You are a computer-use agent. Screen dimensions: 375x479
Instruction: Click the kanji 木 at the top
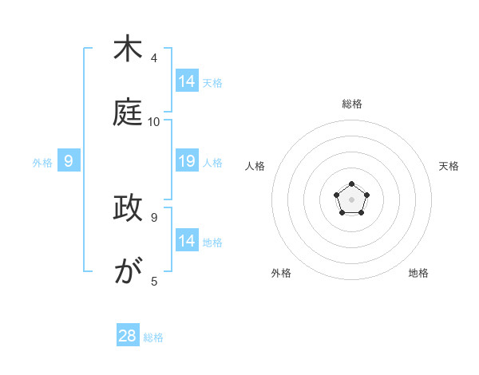(128, 49)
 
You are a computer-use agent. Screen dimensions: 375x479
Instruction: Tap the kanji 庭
(128, 112)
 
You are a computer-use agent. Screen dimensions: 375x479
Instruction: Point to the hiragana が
(128, 272)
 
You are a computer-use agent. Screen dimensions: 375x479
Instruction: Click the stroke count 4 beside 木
(154, 58)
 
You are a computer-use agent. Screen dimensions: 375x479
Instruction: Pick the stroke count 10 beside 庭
(154, 122)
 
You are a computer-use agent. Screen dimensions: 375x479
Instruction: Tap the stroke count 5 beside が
(154, 282)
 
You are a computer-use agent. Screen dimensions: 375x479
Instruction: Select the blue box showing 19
(187, 161)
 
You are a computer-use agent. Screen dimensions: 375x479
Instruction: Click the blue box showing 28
(128, 336)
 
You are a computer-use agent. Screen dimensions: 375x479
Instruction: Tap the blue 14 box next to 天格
(187, 81)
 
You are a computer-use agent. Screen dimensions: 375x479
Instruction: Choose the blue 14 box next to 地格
(187, 241)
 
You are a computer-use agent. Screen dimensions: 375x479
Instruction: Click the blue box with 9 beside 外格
(69, 161)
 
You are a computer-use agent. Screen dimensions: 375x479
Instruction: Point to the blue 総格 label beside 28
(154, 337)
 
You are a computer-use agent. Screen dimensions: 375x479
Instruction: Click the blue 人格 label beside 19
(212, 163)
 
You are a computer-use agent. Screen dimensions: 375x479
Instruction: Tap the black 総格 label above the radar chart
(352, 104)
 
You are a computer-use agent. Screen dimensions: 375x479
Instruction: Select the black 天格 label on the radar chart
(449, 166)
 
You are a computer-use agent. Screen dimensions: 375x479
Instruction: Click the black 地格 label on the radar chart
(418, 273)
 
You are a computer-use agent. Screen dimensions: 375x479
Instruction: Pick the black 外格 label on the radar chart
(281, 273)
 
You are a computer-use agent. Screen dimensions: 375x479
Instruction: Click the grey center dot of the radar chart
(352, 199)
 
